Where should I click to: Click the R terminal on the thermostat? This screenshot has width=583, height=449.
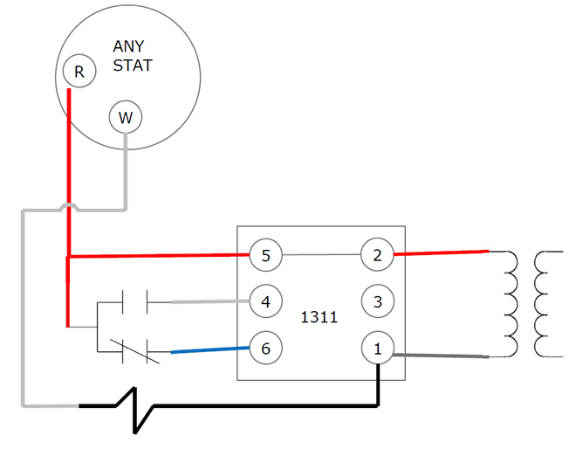click(79, 72)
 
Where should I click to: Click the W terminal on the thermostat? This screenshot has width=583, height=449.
click(126, 116)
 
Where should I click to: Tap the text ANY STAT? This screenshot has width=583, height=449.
click(132, 55)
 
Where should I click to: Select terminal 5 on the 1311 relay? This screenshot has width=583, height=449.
click(265, 256)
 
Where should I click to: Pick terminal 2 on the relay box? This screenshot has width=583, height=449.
click(377, 256)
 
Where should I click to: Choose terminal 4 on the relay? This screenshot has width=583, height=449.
click(265, 302)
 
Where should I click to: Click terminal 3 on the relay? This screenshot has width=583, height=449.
click(377, 302)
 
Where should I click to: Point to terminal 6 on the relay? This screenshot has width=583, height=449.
click(265, 348)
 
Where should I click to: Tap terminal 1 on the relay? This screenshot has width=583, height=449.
click(377, 349)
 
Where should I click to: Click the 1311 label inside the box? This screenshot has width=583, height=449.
click(319, 317)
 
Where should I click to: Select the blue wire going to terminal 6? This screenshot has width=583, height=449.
click(209, 350)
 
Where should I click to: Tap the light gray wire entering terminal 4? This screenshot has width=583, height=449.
click(209, 302)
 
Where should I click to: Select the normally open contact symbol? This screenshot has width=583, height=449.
click(135, 302)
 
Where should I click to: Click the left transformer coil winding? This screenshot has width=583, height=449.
click(511, 304)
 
